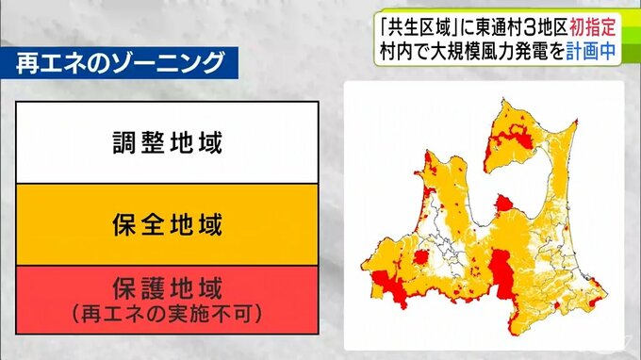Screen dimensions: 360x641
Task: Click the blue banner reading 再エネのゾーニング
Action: [x=121, y=64]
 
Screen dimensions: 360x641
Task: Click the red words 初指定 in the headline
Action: [x=596, y=20]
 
